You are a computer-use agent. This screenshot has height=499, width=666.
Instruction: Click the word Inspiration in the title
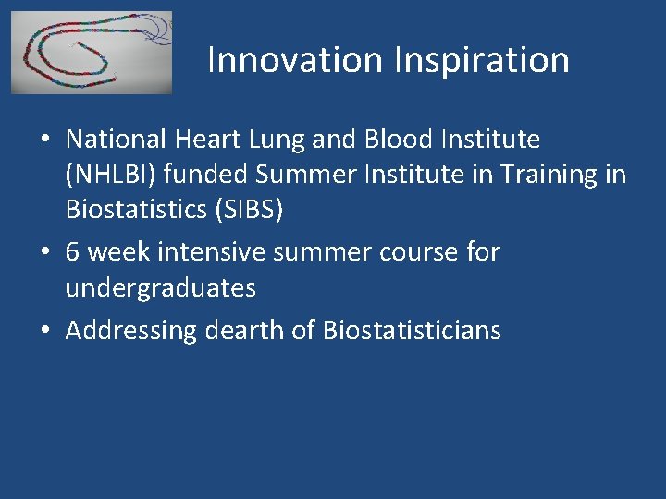[482, 60]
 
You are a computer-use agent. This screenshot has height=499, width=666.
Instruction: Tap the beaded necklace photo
[92, 53]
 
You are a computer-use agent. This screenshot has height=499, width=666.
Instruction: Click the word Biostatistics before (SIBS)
[139, 210]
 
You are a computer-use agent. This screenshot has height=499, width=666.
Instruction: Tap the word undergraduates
[160, 288]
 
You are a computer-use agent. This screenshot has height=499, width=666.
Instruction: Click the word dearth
[243, 330]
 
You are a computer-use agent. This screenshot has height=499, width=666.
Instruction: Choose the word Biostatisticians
[412, 330]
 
